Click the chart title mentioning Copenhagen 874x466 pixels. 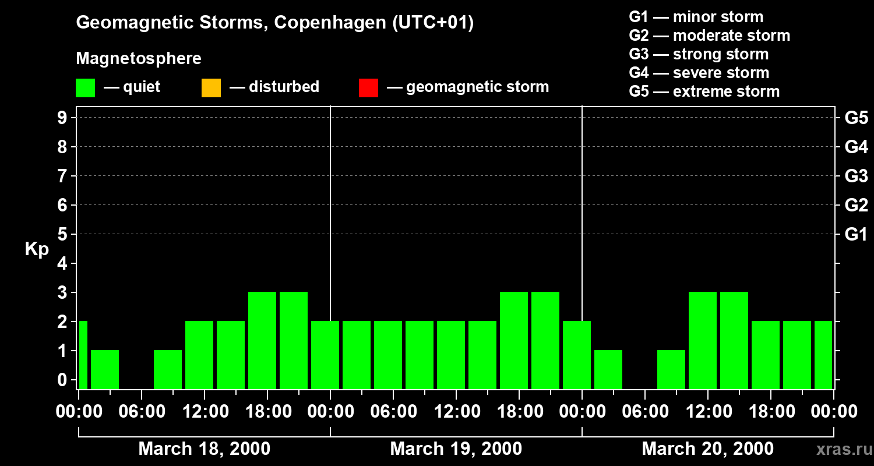click(x=274, y=23)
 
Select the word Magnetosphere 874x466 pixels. click(x=139, y=59)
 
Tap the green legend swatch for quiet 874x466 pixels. click(x=85, y=88)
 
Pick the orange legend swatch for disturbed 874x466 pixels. click(x=211, y=88)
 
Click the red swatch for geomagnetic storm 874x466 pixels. click(x=368, y=88)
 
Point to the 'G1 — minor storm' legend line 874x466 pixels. click(x=696, y=17)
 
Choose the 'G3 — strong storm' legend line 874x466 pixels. click(x=699, y=54)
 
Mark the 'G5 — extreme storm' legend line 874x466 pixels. click(x=704, y=91)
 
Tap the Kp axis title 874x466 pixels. click(x=37, y=249)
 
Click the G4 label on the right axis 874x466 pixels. click(x=856, y=147)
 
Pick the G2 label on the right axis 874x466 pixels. click(x=856, y=205)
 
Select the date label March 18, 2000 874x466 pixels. click(x=204, y=449)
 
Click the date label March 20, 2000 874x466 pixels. click(x=707, y=449)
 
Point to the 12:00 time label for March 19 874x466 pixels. click(x=456, y=412)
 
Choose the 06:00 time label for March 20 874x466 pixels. click(x=645, y=412)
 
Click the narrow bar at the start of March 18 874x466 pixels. click(x=83, y=355)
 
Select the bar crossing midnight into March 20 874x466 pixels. click(x=577, y=355)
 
